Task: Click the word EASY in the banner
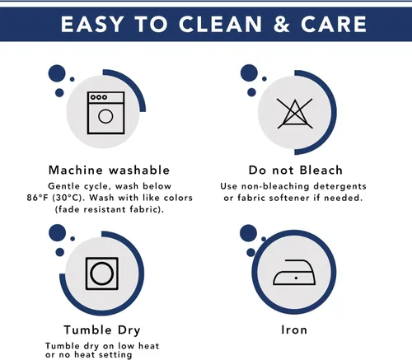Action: (92, 24)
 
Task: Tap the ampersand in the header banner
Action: (282, 24)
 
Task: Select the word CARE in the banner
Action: (334, 24)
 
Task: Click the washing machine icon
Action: (105, 113)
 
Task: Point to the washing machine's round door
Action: (105, 116)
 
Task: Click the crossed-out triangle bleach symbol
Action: (295, 114)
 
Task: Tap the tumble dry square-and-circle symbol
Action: (102, 274)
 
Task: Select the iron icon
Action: (294, 272)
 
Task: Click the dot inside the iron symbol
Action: (296, 278)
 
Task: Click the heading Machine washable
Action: (109, 170)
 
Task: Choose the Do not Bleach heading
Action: (296, 170)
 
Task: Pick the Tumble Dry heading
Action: (102, 330)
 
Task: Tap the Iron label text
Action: (294, 330)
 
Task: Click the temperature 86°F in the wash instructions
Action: (38, 198)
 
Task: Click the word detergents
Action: (339, 186)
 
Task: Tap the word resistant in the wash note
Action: (105, 209)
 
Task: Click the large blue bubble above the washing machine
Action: (57, 73)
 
